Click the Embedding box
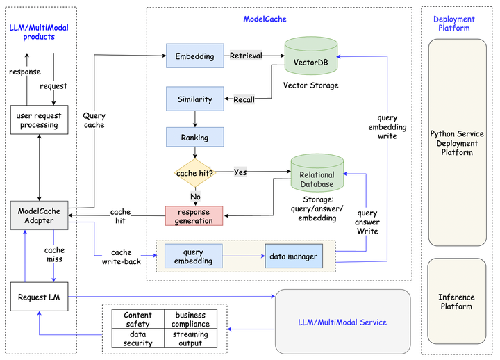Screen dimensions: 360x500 [194, 56]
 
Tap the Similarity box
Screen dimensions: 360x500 [194, 99]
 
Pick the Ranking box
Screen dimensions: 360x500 [194, 137]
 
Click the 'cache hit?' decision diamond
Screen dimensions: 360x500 [194, 172]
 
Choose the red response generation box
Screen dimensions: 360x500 [194, 216]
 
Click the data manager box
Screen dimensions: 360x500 [294, 256]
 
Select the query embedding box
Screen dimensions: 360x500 [193, 256]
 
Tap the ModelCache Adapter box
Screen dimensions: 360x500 [42, 215]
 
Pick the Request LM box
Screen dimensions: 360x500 [39, 297]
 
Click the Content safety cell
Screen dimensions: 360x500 [138, 320]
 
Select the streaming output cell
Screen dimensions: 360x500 [191, 338]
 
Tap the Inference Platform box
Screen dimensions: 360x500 [457, 302]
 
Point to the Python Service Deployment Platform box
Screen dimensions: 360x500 [457, 142]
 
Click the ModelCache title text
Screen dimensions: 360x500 [265, 19]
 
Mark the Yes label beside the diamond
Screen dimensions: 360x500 [240, 172]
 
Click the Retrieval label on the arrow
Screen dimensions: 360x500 [245, 56]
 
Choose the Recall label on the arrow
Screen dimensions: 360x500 [244, 100]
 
